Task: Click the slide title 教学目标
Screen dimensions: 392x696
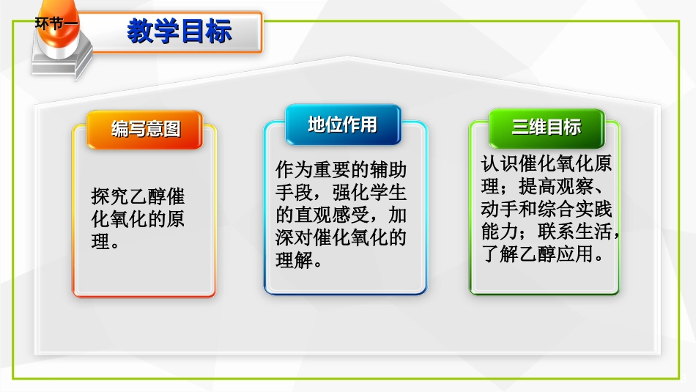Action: click(179, 32)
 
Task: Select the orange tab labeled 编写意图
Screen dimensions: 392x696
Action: click(145, 130)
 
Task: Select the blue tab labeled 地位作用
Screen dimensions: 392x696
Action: click(342, 125)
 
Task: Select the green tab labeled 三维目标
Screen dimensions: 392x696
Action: click(546, 127)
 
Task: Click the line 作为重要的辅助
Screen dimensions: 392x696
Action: click(341, 170)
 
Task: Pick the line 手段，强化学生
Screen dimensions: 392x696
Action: click(341, 193)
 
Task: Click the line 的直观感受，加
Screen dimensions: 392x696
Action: click(341, 215)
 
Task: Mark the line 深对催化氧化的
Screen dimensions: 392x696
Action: click(341, 238)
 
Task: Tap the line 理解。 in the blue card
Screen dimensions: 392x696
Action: click(299, 260)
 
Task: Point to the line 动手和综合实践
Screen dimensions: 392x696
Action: click(546, 210)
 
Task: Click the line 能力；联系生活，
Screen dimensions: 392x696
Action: click(549, 232)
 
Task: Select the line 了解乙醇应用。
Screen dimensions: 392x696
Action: click(542, 255)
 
